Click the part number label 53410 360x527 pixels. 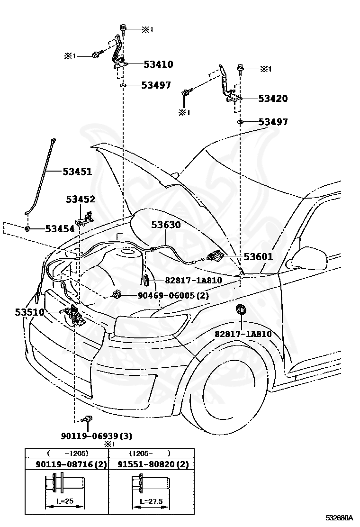click(158, 64)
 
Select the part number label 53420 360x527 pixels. click(273, 99)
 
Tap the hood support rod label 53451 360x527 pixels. click(77, 172)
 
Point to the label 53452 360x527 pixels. click(81, 199)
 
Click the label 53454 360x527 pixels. click(60, 229)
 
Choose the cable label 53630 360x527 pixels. click(166, 225)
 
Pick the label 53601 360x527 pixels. click(258, 256)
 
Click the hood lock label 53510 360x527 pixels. click(29, 312)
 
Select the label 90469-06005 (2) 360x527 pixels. click(173, 295)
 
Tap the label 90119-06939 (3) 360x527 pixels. click(96, 436)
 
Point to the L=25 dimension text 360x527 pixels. click(65, 501)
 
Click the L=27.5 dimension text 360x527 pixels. click(151, 501)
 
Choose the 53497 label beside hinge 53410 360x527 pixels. click(156, 85)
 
